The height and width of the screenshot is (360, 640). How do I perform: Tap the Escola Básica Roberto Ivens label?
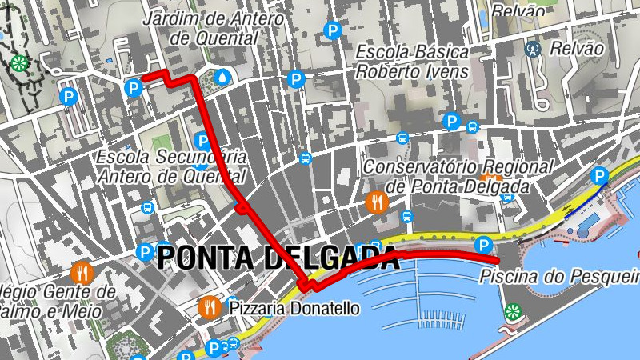(x=412, y=62)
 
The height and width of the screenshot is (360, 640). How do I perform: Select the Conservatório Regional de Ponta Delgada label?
(x=458, y=177)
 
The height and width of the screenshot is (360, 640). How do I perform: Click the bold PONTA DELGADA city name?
(x=278, y=258)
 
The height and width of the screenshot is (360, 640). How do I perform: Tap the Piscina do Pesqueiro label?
(x=560, y=278)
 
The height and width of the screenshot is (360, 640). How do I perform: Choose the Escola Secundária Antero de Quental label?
(x=170, y=166)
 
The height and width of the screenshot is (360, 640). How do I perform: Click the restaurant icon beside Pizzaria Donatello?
(x=210, y=306)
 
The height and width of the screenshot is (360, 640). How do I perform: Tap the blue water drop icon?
(x=222, y=76)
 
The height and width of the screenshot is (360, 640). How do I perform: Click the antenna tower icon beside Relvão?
(x=531, y=48)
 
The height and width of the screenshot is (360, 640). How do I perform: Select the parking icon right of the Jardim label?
(x=332, y=31)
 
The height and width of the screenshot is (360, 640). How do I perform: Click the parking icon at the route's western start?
(x=134, y=86)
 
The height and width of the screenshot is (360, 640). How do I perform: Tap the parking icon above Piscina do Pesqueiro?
(x=482, y=245)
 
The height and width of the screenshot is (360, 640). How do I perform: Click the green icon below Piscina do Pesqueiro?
(x=511, y=311)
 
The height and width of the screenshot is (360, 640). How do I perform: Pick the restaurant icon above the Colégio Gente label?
(x=82, y=272)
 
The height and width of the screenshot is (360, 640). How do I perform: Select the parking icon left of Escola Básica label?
(x=296, y=79)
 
